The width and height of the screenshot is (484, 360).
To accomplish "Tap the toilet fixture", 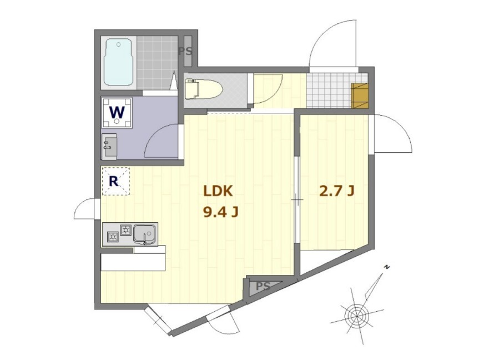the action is point(203,89).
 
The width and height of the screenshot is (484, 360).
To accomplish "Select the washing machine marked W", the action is point(117,113).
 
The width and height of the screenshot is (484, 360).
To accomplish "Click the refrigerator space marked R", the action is point(116,181).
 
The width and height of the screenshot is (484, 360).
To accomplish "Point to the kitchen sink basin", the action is point(145,234).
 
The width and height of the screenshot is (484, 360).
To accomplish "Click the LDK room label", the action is point(218,191).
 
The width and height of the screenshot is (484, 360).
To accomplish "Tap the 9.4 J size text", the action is point(220,212).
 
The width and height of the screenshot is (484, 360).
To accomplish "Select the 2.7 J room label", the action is point(336,191).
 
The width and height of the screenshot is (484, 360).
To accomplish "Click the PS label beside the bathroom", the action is point(185,51).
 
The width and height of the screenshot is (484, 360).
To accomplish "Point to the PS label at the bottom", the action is point(263,286).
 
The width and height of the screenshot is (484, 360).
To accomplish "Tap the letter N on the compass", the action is point(386,267).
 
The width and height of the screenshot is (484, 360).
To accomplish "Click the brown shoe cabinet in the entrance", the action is point(360,96).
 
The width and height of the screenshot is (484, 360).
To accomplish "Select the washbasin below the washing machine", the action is point(109,147).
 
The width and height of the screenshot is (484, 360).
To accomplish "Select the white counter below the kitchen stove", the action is point(133,262).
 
